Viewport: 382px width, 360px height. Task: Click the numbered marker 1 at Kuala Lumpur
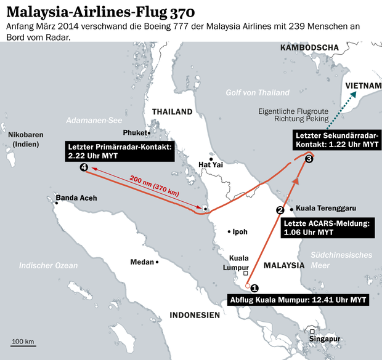(x=254, y=287)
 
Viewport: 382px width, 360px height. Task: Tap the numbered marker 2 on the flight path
(x=280, y=210)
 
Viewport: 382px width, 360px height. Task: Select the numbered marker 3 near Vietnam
(x=309, y=159)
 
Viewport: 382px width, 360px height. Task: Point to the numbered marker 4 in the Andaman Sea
(x=84, y=167)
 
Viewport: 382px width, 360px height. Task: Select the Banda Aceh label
(x=76, y=198)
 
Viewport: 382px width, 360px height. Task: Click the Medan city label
(x=142, y=262)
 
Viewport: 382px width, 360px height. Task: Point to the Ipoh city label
(x=239, y=232)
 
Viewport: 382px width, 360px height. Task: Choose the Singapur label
(x=325, y=339)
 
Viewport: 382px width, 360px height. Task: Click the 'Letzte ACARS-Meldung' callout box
(x=325, y=228)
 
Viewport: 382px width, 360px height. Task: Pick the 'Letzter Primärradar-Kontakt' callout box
(x=120, y=151)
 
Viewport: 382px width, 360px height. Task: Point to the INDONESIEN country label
(x=195, y=315)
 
